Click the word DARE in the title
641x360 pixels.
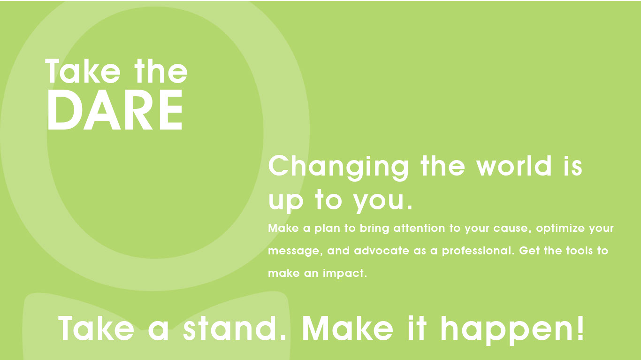115,110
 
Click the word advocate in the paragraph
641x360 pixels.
382,251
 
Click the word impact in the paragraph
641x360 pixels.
345,274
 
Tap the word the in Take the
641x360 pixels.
161,71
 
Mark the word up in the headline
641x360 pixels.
286,202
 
